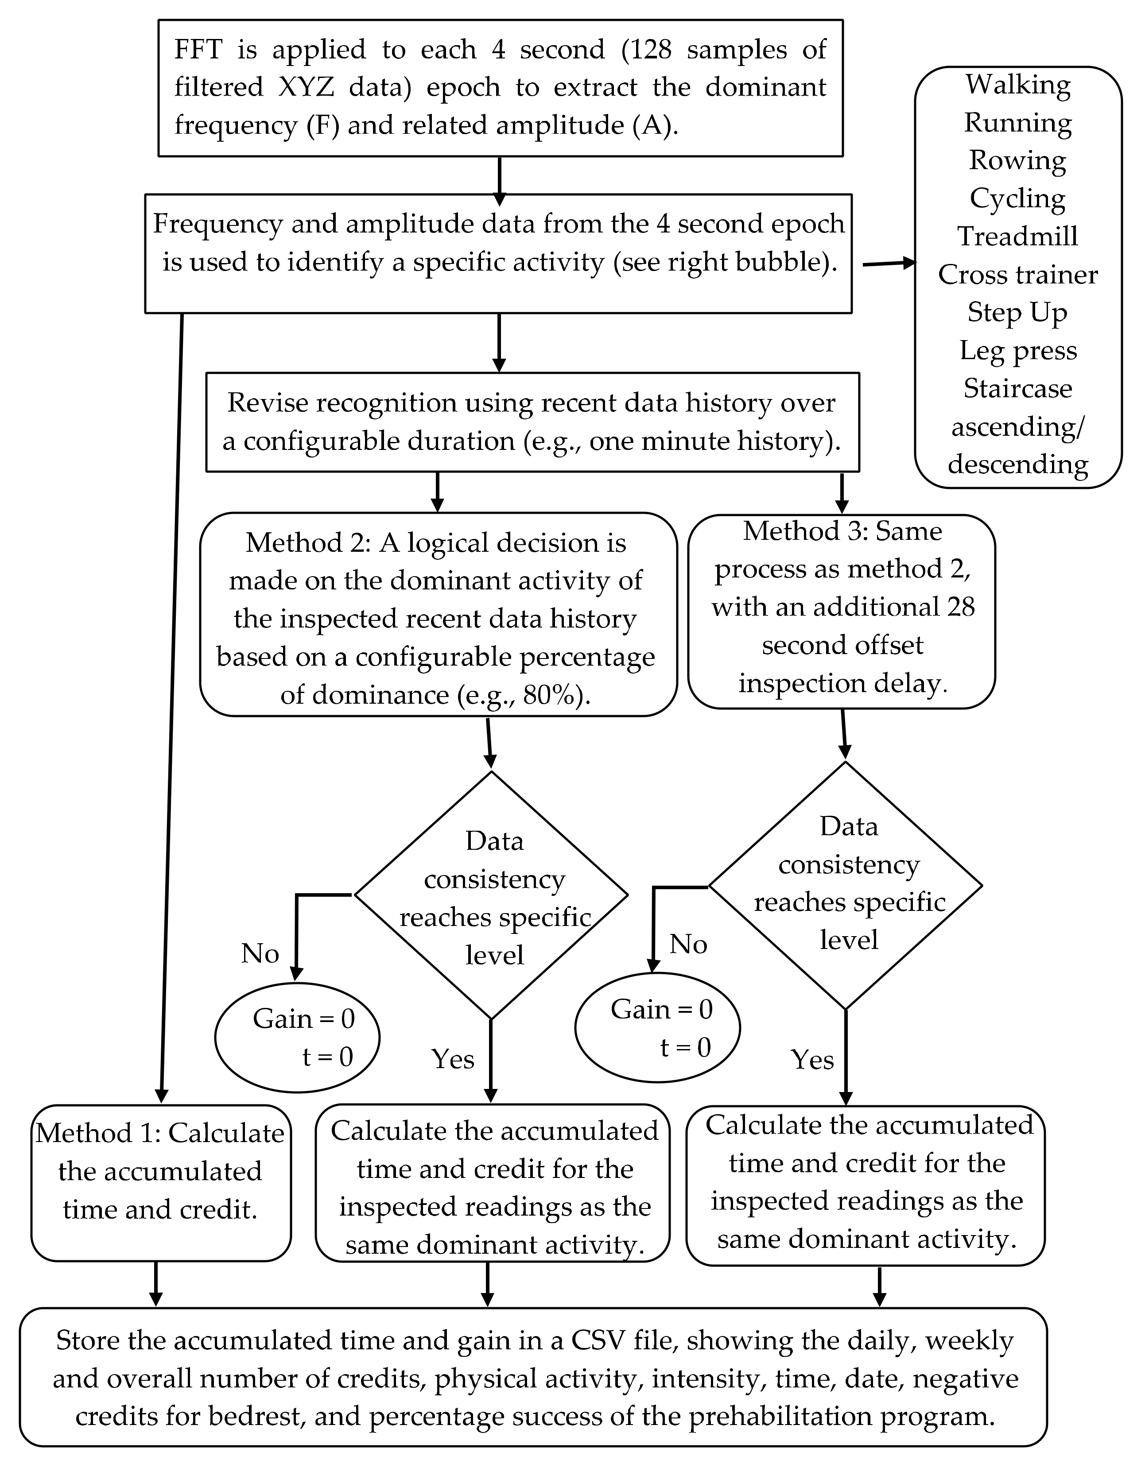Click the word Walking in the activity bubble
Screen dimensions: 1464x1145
[1017, 85]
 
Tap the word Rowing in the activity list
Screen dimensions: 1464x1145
[1017, 161]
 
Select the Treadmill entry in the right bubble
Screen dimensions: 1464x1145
[1017, 236]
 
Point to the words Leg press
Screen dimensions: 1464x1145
[1017, 351]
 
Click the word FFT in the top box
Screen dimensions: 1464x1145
[198, 50]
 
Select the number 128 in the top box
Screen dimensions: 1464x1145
[650, 50]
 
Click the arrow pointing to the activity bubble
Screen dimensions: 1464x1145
[889, 263]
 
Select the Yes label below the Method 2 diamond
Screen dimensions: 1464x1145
[453, 1059]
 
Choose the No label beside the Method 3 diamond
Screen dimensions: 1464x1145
[688, 945]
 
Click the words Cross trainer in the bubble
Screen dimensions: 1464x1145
[1017, 275]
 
